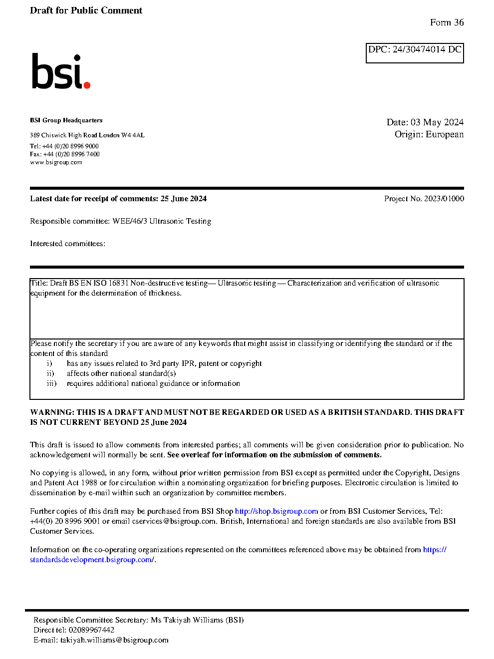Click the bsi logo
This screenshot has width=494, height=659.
point(60,72)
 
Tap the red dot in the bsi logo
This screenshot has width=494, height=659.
point(87,85)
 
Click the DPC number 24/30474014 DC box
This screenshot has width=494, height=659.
point(415,52)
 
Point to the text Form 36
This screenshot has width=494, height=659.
point(447,22)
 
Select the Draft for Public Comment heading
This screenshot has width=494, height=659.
point(86,10)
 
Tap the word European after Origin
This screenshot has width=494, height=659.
point(445,134)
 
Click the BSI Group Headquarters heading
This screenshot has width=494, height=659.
point(66,120)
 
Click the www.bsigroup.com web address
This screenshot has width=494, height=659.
point(56,162)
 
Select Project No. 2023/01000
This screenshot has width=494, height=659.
point(424,199)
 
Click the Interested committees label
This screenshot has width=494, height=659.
point(67,244)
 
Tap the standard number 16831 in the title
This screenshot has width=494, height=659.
point(118,283)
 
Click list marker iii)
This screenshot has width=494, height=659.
point(52,383)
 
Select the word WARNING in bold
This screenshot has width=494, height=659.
point(52,412)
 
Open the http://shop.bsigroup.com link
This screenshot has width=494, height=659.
point(276,511)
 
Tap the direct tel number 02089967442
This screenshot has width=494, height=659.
point(91,630)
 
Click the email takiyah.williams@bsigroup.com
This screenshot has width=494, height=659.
point(114,640)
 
